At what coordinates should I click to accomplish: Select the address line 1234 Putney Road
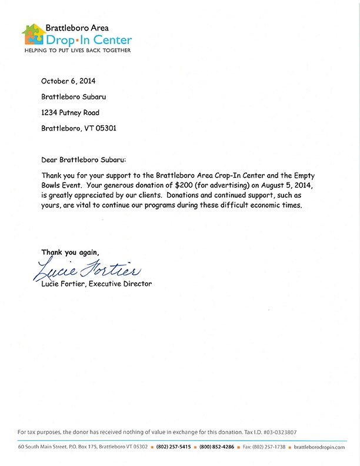(70, 112)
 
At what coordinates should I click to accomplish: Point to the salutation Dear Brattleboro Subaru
(84, 160)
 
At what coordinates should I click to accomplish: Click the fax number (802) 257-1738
(268, 447)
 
